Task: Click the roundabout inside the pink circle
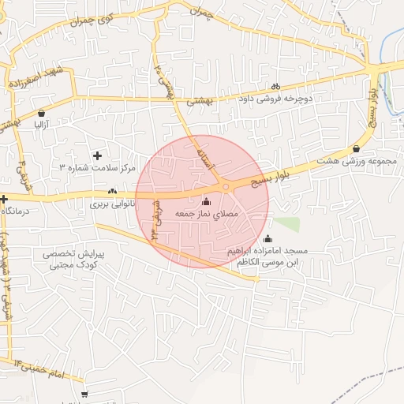tap(226, 187)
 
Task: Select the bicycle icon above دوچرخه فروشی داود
tap(275, 87)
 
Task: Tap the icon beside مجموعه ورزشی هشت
tap(357, 148)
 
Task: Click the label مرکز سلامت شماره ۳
tap(99, 168)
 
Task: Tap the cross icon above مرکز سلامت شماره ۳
tap(98, 155)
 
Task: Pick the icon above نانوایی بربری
tap(113, 191)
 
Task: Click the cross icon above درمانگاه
tap(4, 198)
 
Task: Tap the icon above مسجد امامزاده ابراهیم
tap(267, 239)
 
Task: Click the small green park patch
tap(286, 224)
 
